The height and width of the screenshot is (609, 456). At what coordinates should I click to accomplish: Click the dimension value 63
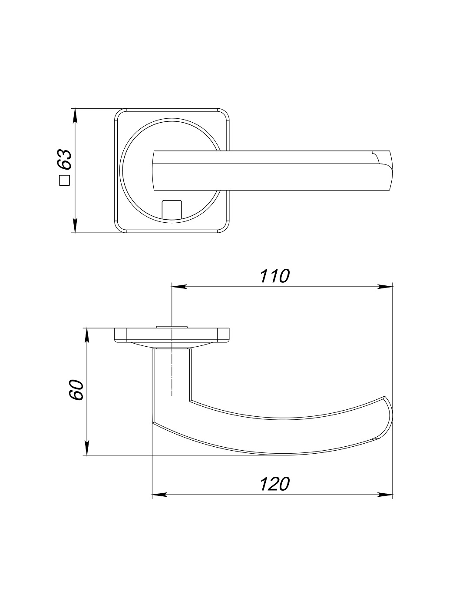click(65, 160)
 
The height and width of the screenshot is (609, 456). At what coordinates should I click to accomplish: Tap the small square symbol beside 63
click(65, 181)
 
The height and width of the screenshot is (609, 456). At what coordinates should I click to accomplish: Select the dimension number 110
click(274, 276)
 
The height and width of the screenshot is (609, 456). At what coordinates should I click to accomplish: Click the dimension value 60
click(76, 390)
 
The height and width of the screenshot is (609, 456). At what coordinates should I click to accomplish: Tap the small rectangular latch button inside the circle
click(172, 209)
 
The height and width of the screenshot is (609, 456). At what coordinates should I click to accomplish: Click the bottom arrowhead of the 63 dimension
click(75, 225)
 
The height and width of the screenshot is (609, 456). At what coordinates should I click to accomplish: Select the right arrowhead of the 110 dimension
click(385, 287)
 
